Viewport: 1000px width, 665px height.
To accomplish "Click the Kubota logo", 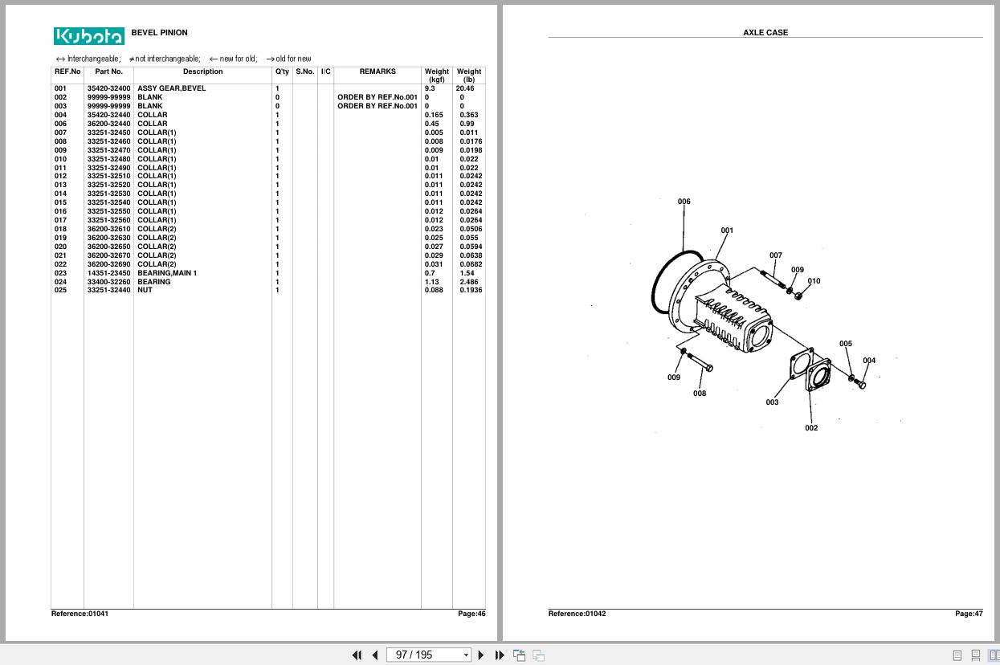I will click(89, 36).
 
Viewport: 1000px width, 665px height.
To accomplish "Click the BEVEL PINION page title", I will click(159, 33).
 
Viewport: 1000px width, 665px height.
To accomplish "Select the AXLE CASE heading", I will click(765, 33).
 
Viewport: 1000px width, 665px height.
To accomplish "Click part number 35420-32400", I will click(108, 88).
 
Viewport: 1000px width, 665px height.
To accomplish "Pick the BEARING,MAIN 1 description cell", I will click(167, 273).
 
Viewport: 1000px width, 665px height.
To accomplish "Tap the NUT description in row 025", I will click(145, 290).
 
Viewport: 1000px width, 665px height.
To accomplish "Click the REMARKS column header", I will click(378, 72).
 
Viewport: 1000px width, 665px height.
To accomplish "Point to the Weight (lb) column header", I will click(469, 75).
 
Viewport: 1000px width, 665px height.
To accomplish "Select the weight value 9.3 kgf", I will click(430, 88).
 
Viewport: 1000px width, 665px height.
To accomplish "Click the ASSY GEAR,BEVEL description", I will click(171, 88).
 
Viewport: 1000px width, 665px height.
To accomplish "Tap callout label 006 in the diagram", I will click(684, 202).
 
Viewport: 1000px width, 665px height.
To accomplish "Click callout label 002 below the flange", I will click(811, 428).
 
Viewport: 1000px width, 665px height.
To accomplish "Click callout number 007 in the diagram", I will click(775, 255).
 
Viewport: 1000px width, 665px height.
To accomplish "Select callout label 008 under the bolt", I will click(700, 394).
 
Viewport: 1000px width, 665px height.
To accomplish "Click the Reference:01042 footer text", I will click(577, 614).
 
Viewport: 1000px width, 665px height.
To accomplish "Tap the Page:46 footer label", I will click(471, 614).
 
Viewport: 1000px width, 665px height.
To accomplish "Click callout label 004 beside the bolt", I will click(869, 361).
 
